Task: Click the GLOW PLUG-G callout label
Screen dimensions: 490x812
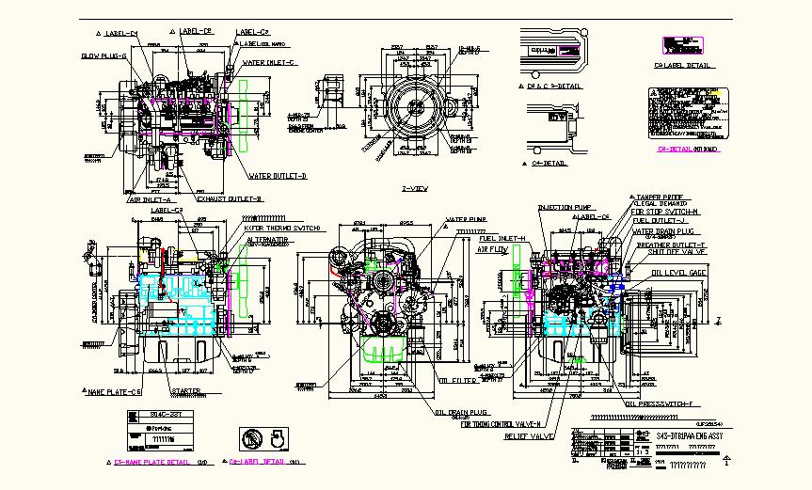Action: click(x=104, y=56)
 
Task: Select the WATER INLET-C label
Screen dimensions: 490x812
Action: click(x=270, y=63)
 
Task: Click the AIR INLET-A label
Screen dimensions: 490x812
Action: click(x=149, y=200)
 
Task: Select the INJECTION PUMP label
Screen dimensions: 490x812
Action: click(x=563, y=207)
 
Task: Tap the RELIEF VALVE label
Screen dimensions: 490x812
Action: click(x=528, y=436)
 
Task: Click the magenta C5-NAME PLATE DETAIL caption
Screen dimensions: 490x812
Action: click(x=151, y=463)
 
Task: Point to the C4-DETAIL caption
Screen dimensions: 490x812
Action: click(x=549, y=163)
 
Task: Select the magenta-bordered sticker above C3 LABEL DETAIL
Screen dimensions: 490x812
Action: click(x=681, y=46)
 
